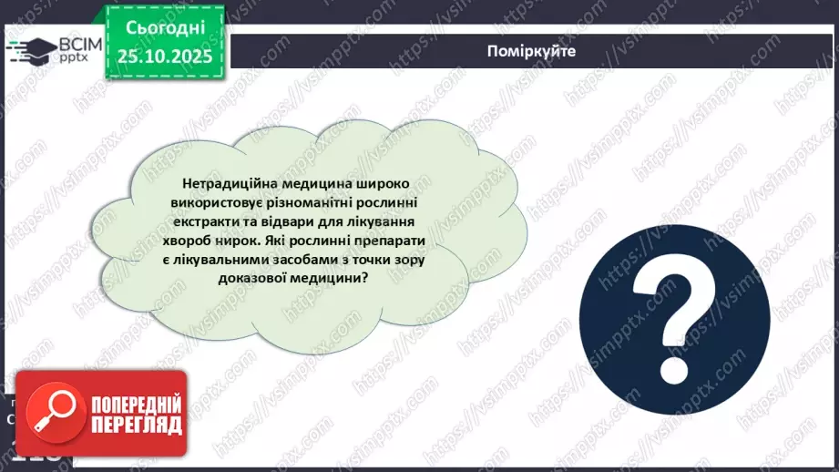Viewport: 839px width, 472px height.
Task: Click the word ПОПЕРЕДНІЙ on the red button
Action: pos(137,405)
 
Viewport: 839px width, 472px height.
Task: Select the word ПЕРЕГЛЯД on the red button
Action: pos(137,425)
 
